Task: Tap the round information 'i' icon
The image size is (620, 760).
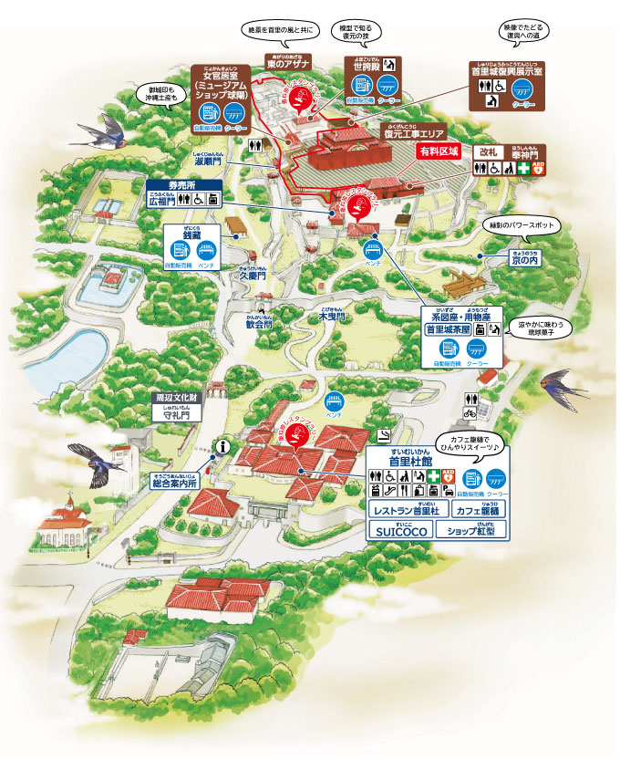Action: [222, 446]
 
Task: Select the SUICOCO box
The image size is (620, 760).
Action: [399, 529]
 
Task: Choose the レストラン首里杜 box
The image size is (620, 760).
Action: [399, 508]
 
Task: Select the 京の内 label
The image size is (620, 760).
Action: [523, 260]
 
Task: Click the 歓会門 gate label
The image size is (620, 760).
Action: [261, 323]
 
